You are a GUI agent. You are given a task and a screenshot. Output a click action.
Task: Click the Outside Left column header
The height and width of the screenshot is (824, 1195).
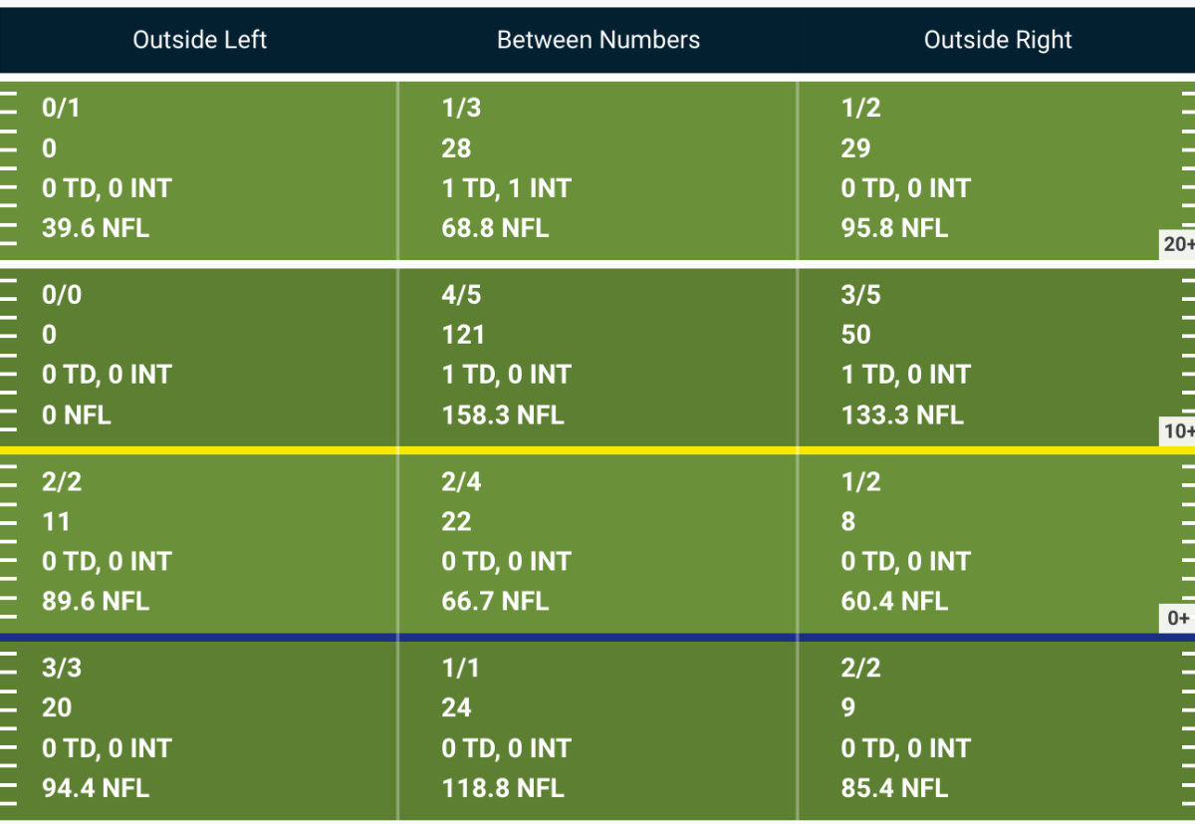[x=199, y=40]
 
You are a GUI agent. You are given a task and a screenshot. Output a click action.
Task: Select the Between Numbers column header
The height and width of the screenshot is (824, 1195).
[x=598, y=40]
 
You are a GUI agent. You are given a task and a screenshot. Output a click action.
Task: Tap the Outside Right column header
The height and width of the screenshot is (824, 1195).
[x=998, y=40]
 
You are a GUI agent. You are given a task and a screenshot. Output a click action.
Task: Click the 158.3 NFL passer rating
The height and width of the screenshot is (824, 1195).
[x=503, y=414]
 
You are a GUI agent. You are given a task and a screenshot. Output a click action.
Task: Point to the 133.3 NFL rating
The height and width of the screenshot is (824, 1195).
[x=902, y=414]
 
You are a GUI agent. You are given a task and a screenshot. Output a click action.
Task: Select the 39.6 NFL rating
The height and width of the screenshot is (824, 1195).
[x=96, y=228]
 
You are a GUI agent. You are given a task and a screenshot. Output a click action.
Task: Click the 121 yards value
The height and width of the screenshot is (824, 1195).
[x=462, y=335]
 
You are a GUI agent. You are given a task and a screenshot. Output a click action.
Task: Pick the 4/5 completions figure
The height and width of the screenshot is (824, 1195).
[x=461, y=295]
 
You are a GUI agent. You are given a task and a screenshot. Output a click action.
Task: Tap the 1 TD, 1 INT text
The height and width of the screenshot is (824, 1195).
[x=506, y=188]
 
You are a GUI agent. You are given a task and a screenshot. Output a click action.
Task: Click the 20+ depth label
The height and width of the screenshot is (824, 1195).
[x=1178, y=244]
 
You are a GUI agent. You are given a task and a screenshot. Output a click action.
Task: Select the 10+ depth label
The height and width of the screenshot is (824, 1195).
[x=1178, y=431]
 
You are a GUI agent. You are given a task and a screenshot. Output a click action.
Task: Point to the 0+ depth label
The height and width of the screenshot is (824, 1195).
[x=1178, y=618]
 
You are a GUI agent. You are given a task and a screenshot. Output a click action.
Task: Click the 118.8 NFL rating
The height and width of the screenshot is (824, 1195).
[x=503, y=788]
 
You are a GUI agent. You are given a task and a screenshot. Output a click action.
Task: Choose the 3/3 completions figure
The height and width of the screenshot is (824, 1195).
[x=62, y=668]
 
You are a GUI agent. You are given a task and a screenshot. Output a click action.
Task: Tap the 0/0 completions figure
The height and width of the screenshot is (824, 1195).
[x=62, y=295]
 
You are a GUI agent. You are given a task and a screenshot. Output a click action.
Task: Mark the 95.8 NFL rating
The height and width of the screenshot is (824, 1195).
[x=894, y=228]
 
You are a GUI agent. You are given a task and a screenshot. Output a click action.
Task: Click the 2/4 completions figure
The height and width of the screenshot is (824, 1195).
[x=461, y=481]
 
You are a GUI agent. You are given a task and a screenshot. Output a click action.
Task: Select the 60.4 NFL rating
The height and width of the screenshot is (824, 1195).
[x=894, y=601]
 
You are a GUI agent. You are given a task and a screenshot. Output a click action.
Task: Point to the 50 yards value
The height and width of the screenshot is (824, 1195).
[x=855, y=335]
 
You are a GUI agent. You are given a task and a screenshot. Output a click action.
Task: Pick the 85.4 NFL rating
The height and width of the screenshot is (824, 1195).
[x=894, y=788]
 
